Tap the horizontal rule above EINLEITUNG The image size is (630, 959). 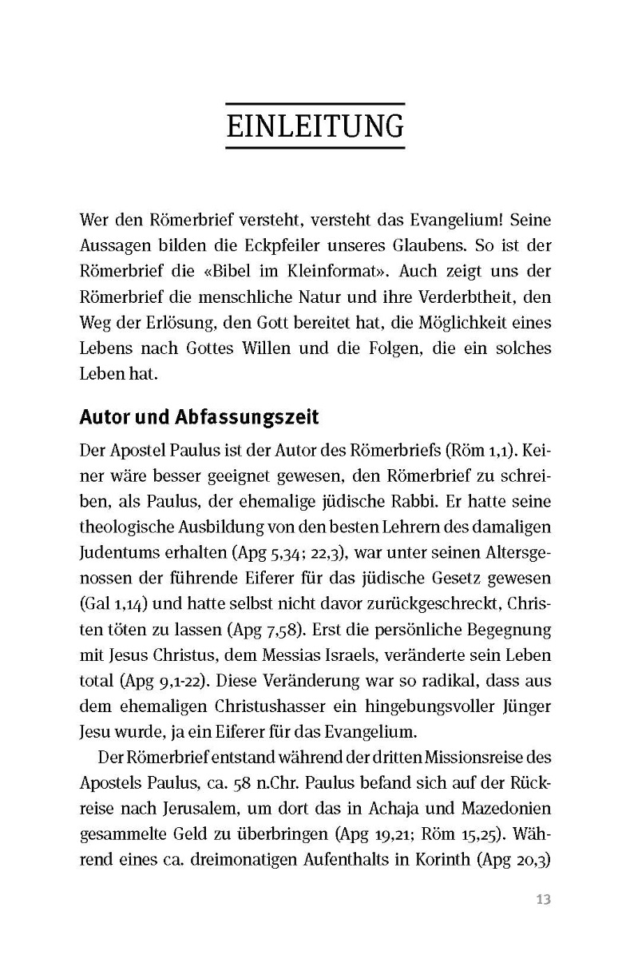point(315,104)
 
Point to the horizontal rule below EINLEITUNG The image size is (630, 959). point(315,149)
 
